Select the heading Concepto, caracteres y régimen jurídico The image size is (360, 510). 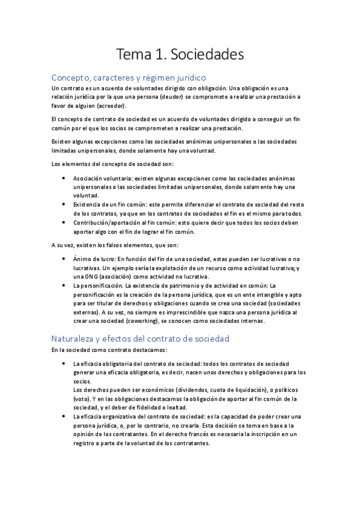point(129,78)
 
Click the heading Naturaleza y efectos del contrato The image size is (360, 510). point(141,339)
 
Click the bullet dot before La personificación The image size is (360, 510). point(64,285)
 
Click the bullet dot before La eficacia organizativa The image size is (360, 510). point(64,416)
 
